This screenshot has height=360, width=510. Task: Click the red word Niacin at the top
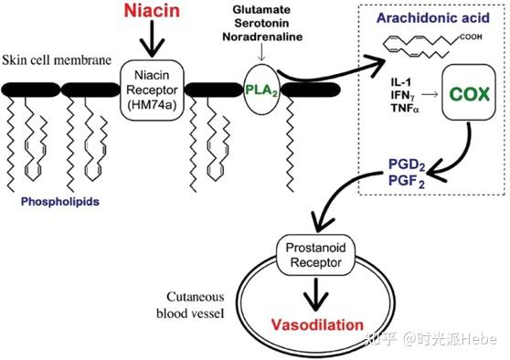[x=152, y=10]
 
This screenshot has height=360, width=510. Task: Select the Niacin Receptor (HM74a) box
[x=152, y=90]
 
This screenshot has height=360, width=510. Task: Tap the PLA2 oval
[x=261, y=90]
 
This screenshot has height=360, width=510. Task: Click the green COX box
[x=469, y=94]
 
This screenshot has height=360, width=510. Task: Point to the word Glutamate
[x=261, y=9]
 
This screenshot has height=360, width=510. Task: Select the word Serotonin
[x=261, y=23]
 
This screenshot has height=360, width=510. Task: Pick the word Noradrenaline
[x=262, y=37]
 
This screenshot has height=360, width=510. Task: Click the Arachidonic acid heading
[x=433, y=17]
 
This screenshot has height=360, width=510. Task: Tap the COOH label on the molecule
[x=471, y=37]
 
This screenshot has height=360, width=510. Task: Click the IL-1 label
[x=401, y=82]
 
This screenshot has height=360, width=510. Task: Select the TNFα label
[x=405, y=108]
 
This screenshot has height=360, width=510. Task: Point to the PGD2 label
[x=407, y=164]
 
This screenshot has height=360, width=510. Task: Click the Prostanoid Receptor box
[x=315, y=255]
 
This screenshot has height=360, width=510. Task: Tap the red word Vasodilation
[x=317, y=325]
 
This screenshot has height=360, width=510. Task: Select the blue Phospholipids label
[x=60, y=202]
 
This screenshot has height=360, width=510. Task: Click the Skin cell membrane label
[x=57, y=60]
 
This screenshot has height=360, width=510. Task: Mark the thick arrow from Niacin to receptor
[x=153, y=38]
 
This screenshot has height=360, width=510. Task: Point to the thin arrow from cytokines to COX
[x=430, y=95]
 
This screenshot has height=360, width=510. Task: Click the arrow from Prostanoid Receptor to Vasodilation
[x=315, y=294]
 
